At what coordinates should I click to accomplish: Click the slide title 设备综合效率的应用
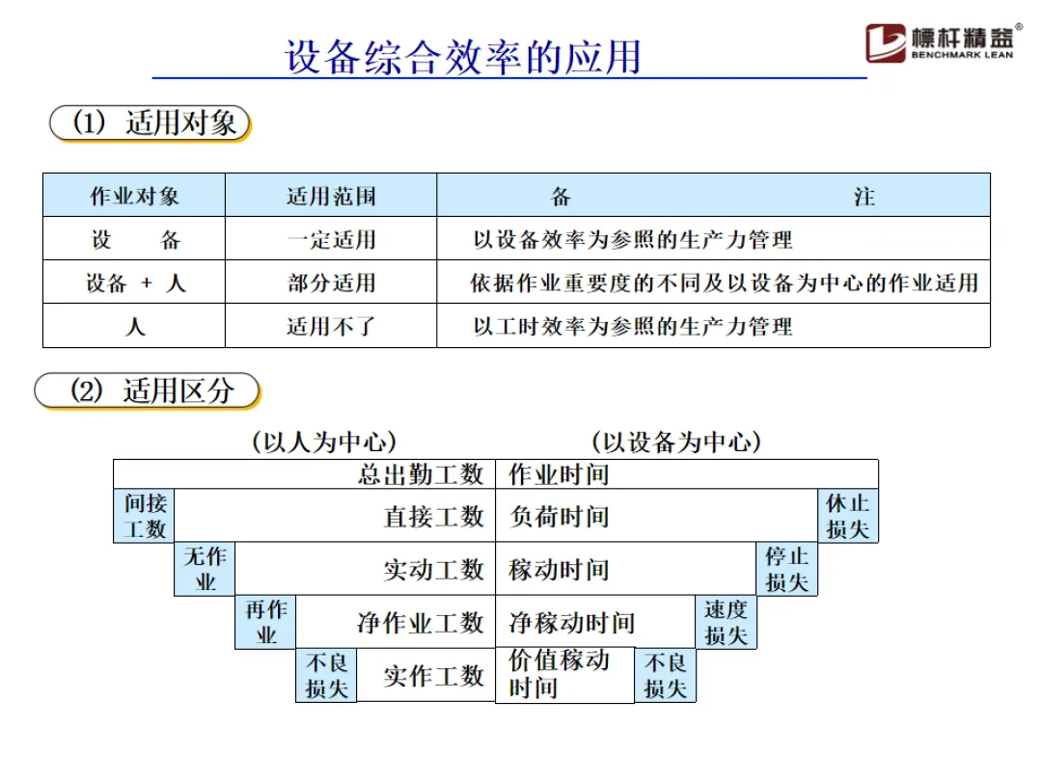coord(463,56)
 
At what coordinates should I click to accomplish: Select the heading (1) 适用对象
coord(151,123)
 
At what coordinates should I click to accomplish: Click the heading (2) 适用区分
coord(149,390)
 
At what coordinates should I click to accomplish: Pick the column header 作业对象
coord(134,197)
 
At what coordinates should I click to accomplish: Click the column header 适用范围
coord(331,197)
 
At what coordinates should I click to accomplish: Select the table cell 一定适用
coord(331,240)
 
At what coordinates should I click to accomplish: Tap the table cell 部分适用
coord(331,283)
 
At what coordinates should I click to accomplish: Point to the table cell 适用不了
coord(331,327)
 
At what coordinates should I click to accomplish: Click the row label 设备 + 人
coord(134,283)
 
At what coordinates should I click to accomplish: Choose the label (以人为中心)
coord(324,443)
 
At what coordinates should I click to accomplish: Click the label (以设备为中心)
coord(676,443)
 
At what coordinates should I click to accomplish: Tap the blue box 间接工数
coord(145,516)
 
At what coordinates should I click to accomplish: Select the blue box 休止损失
coord(848,516)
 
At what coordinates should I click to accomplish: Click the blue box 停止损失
coord(786,569)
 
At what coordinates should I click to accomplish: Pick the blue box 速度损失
coord(726,622)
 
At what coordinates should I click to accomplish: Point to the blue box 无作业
coord(206,569)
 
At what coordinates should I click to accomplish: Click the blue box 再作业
coord(265,622)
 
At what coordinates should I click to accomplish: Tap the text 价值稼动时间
coord(560,674)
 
